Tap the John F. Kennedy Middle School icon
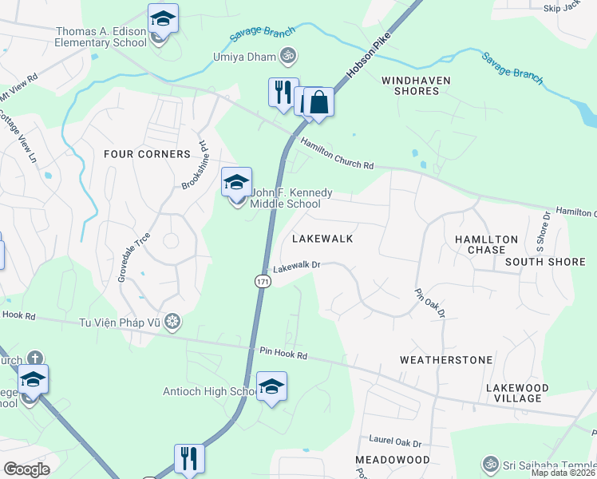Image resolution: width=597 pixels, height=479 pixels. pos(237,184)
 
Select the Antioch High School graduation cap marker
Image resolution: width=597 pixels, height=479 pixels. pos(272,388)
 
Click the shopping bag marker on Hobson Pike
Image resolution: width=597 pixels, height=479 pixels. pos(318,103)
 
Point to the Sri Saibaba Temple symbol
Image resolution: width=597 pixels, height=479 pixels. pos(490,463)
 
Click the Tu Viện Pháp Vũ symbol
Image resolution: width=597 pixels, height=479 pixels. pos(173,322)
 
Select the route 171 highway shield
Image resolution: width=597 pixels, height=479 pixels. pos(263,282)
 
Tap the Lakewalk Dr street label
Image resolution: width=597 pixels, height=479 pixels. pos(296,267)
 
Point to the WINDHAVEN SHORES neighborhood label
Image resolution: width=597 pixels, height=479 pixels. pos(416,85)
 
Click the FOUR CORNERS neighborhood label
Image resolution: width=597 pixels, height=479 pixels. pos(147,153)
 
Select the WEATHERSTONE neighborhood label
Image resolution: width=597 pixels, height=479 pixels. pos(446,360)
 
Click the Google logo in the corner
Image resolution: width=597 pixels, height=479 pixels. pos(26,469)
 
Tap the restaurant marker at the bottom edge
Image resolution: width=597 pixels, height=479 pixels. pos(188,459)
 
